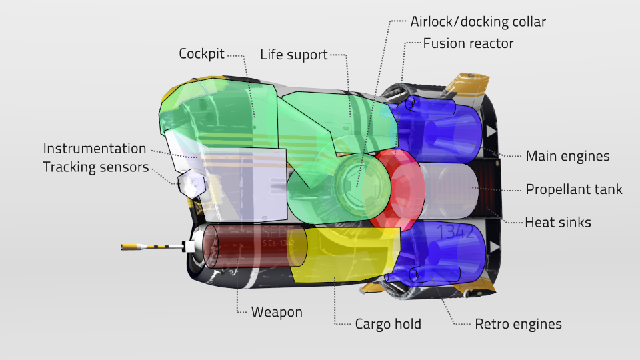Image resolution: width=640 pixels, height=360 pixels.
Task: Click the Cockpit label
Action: (x=201, y=54)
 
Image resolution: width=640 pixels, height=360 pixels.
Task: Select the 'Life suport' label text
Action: (x=294, y=55)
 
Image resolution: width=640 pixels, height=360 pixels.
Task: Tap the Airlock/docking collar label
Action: (x=478, y=21)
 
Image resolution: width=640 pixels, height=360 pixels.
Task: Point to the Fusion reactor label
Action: (x=468, y=43)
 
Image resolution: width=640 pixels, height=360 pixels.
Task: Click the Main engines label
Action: (x=567, y=156)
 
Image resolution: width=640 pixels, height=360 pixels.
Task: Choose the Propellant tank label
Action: (x=574, y=189)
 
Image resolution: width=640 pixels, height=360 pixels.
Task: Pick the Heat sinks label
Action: (x=558, y=223)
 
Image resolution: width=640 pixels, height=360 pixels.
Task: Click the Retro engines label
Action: (x=519, y=324)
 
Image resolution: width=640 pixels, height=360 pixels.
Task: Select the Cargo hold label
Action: (x=388, y=324)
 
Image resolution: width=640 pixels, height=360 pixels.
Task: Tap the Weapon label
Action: (x=277, y=312)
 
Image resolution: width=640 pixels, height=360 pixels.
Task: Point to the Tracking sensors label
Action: (x=96, y=167)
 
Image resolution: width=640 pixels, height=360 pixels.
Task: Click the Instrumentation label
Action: (x=94, y=149)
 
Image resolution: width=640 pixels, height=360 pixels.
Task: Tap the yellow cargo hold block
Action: (x=343, y=255)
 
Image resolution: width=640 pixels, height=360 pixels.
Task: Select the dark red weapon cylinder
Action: (x=254, y=246)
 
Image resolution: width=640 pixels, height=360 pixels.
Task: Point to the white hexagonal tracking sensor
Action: (x=191, y=185)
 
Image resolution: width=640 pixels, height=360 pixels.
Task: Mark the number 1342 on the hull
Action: (x=455, y=231)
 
